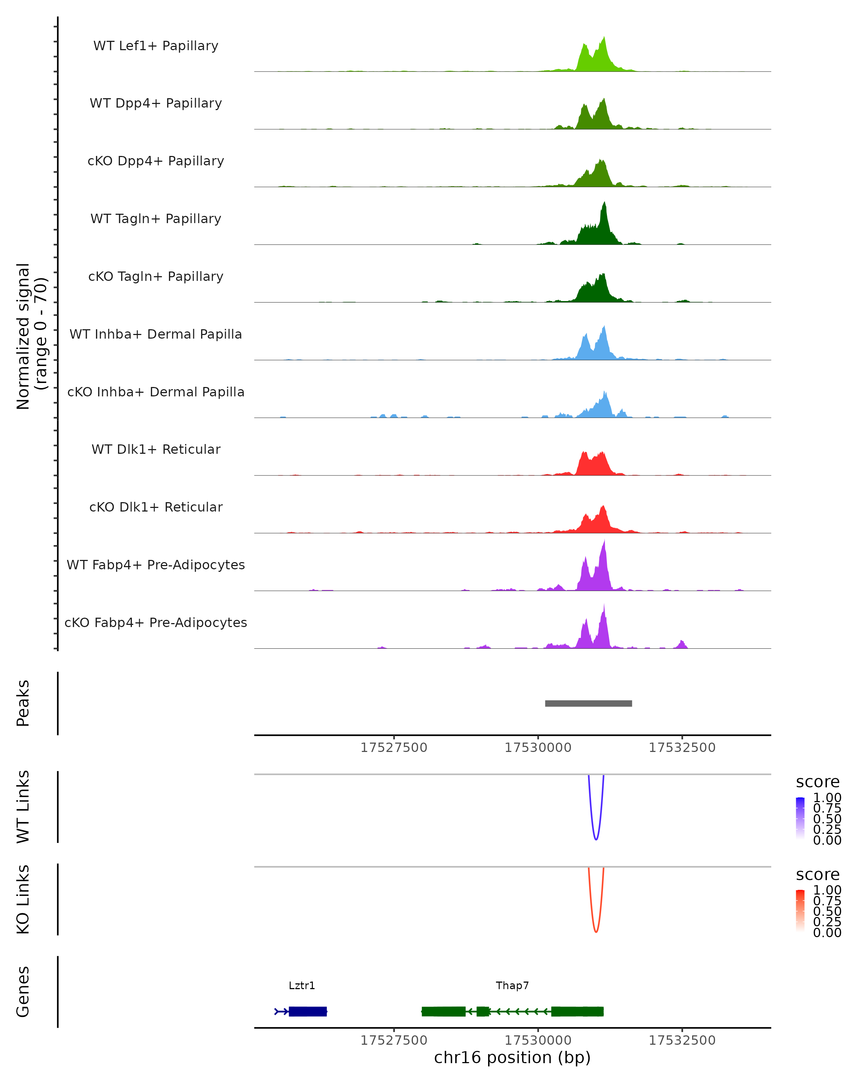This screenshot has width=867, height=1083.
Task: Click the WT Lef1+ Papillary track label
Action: (156, 46)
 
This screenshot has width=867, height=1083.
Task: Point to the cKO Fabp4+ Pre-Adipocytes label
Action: (156, 622)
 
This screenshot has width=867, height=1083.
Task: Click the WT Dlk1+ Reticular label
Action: (156, 449)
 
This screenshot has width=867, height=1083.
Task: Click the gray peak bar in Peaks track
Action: (588, 703)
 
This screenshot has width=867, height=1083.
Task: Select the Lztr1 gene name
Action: (302, 986)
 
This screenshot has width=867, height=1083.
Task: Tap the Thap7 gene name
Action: (512, 986)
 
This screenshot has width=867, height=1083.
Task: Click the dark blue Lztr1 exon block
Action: (307, 1011)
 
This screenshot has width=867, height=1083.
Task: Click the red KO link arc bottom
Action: (596, 931)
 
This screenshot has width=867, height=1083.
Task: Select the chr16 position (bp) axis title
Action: (512, 1057)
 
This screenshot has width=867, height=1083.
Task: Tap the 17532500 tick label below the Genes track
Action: (682, 1040)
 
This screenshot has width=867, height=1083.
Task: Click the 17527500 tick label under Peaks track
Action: (393, 748)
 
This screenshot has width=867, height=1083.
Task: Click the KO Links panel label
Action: (23, 899)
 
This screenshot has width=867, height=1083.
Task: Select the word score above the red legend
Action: (817, 875)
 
